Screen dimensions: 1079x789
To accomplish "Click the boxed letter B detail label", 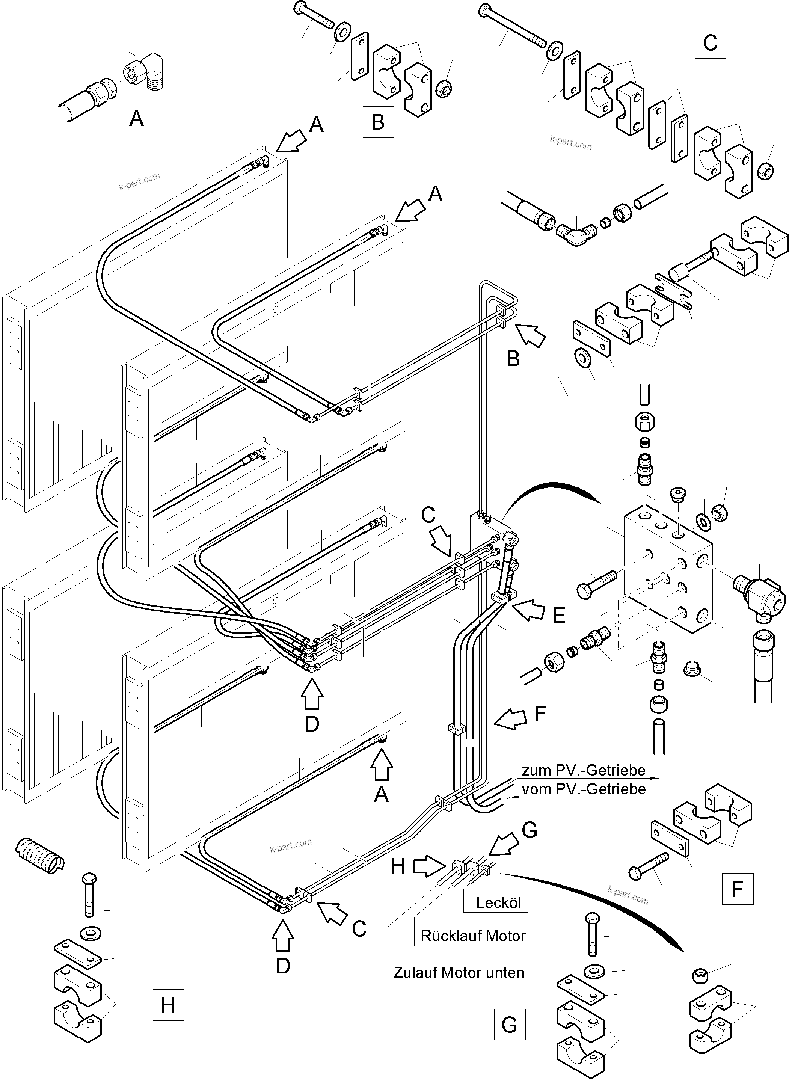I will pos(378,122).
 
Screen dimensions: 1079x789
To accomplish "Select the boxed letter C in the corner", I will pos(710,43).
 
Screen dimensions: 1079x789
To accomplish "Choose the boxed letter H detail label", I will pos(168,1005).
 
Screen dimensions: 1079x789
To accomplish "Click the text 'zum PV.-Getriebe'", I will pos(583,770).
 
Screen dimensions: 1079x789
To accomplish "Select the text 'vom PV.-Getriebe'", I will pos(583,789).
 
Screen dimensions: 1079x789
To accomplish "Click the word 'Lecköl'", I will pos(498,903).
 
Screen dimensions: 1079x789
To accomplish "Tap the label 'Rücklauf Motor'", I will pos(473,936).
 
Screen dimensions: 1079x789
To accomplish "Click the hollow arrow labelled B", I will pos(530,334).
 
